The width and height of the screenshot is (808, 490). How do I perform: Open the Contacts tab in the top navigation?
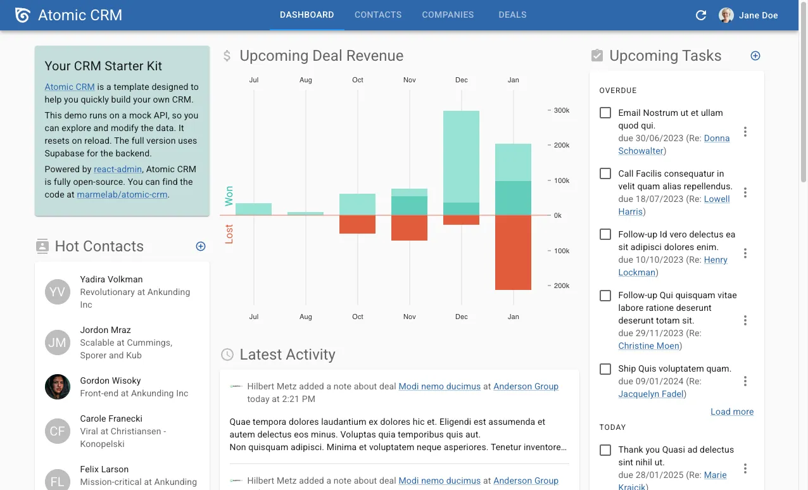coord(378,15)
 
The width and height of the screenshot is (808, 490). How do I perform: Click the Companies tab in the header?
coord(448,15)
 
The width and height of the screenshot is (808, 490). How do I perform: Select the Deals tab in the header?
coord(512,15)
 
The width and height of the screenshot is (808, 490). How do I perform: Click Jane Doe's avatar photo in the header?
coord(726,15)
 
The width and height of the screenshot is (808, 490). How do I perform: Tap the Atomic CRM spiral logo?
coord(23,15)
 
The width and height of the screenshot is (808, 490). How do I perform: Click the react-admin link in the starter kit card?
coord(118,169)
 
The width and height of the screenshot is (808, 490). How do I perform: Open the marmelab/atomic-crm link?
coord(122,194)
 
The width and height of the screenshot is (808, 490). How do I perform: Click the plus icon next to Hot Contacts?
coord(201,246)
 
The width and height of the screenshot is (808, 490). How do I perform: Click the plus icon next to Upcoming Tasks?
coord(755,56)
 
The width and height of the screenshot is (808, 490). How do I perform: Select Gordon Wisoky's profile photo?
coord(58,387)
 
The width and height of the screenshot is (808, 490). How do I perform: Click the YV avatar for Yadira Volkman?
coord(58,292)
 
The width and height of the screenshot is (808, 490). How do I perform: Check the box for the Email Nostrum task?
coord(605,113)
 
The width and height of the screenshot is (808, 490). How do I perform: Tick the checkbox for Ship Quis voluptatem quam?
coord(605,368)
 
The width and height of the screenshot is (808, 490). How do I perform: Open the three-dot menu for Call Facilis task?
coord(745,192)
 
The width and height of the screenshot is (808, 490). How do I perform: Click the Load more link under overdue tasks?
coord(732,411)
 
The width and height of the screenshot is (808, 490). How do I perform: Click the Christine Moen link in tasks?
coord(649,346)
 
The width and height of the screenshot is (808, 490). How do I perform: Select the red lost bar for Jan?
coord(513,253)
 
